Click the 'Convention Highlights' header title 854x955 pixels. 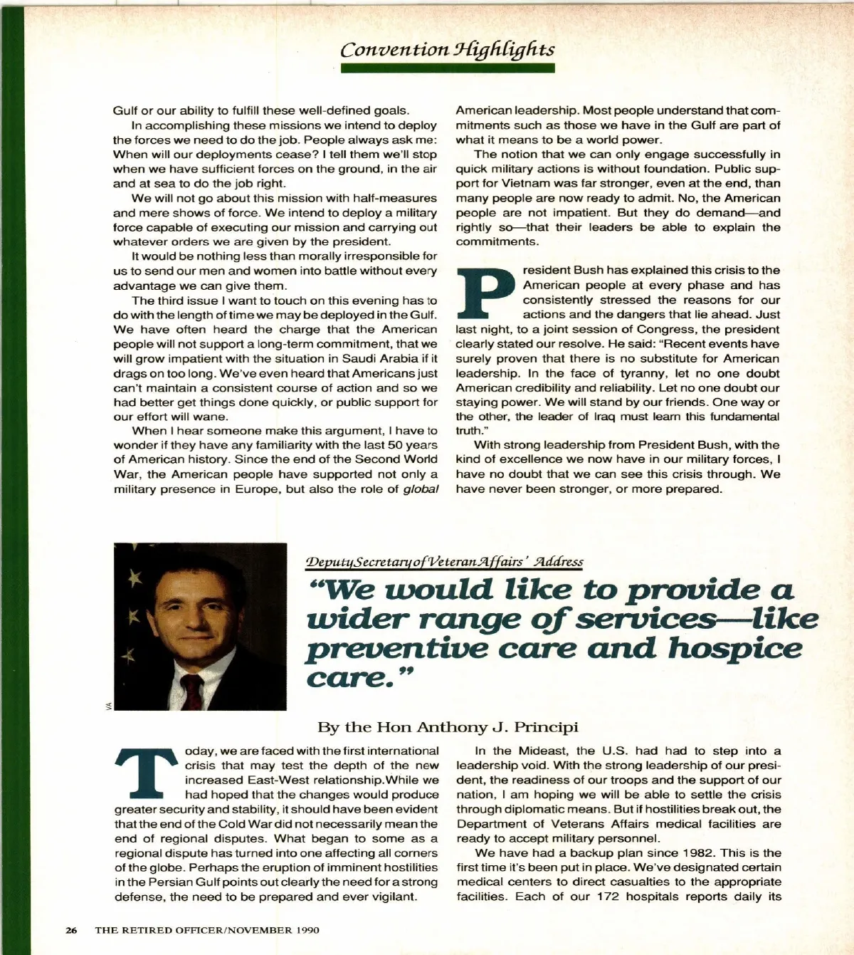(447, 49)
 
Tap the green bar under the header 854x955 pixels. (447, 68)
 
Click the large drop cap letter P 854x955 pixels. (487, 293)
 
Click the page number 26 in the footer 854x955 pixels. (71, 930)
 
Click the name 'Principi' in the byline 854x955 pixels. (546, 727)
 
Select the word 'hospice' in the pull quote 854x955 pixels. (734, 648)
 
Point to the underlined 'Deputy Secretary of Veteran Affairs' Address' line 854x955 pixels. (444, 562)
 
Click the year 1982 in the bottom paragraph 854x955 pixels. (700, 852)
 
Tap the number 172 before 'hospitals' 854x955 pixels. (608, 897)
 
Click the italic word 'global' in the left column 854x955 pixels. (420, 489)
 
